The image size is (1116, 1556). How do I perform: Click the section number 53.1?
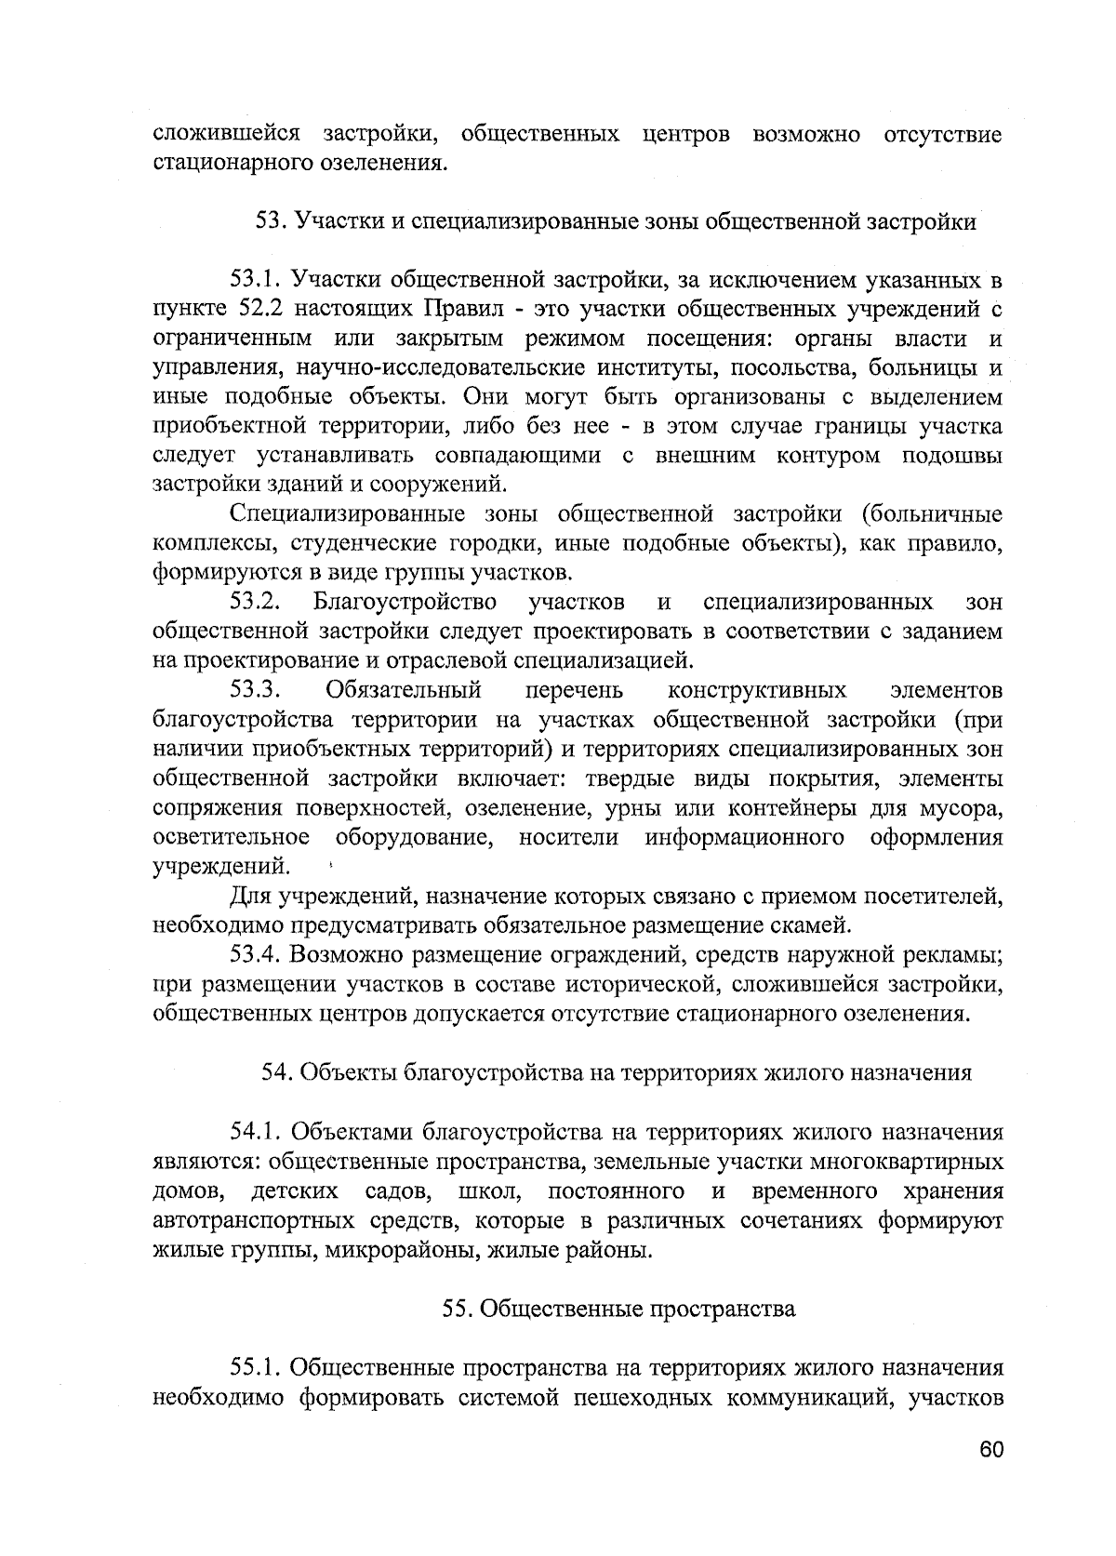coord(257,279)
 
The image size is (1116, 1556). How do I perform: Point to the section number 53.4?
coord(257,954)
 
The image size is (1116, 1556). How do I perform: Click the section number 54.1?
coord(257,1132)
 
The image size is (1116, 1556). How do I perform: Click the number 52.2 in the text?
coord(248,309)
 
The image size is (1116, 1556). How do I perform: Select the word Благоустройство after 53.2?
coord(404,602)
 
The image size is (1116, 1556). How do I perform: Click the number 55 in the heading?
coord(455,1309)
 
